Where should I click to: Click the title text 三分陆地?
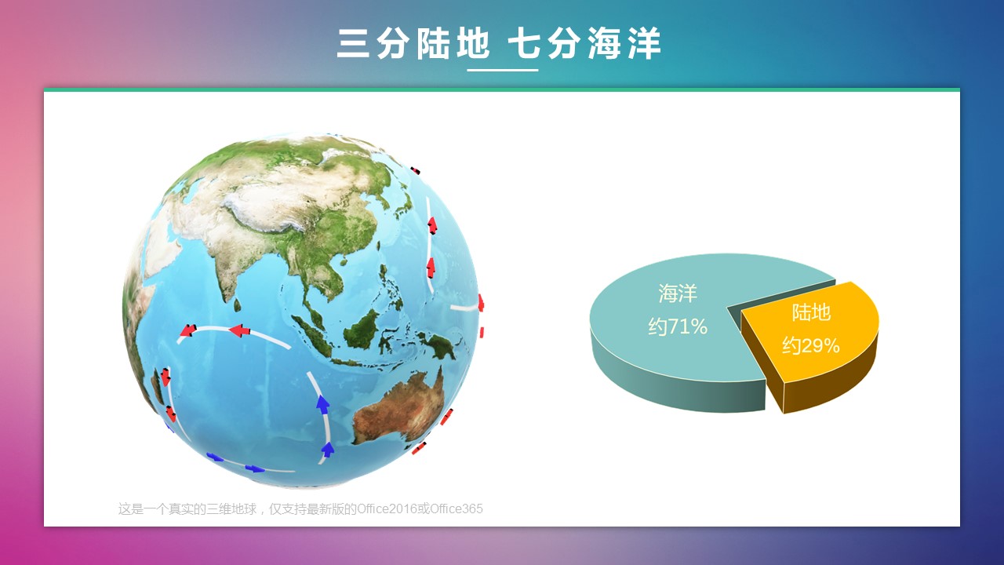pyautogui.click(x=413, y=43)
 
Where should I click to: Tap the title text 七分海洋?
pyautogui.click(x=584, y=43)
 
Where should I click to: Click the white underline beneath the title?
pyautogui.click(x=503, y=70)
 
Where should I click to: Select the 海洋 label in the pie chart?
pyautogui.click(x=678, y=293)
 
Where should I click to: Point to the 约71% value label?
pyautogui.click(x=678, y=326)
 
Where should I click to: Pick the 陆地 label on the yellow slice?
pyautogui.click(x=811, y=312)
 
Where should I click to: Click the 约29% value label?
pyautogui.click(x=811, y=345)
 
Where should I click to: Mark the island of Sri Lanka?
pyautogui.click(x=237, y=305)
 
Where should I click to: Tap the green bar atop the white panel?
pyautogui.click(x=502, y=89)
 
